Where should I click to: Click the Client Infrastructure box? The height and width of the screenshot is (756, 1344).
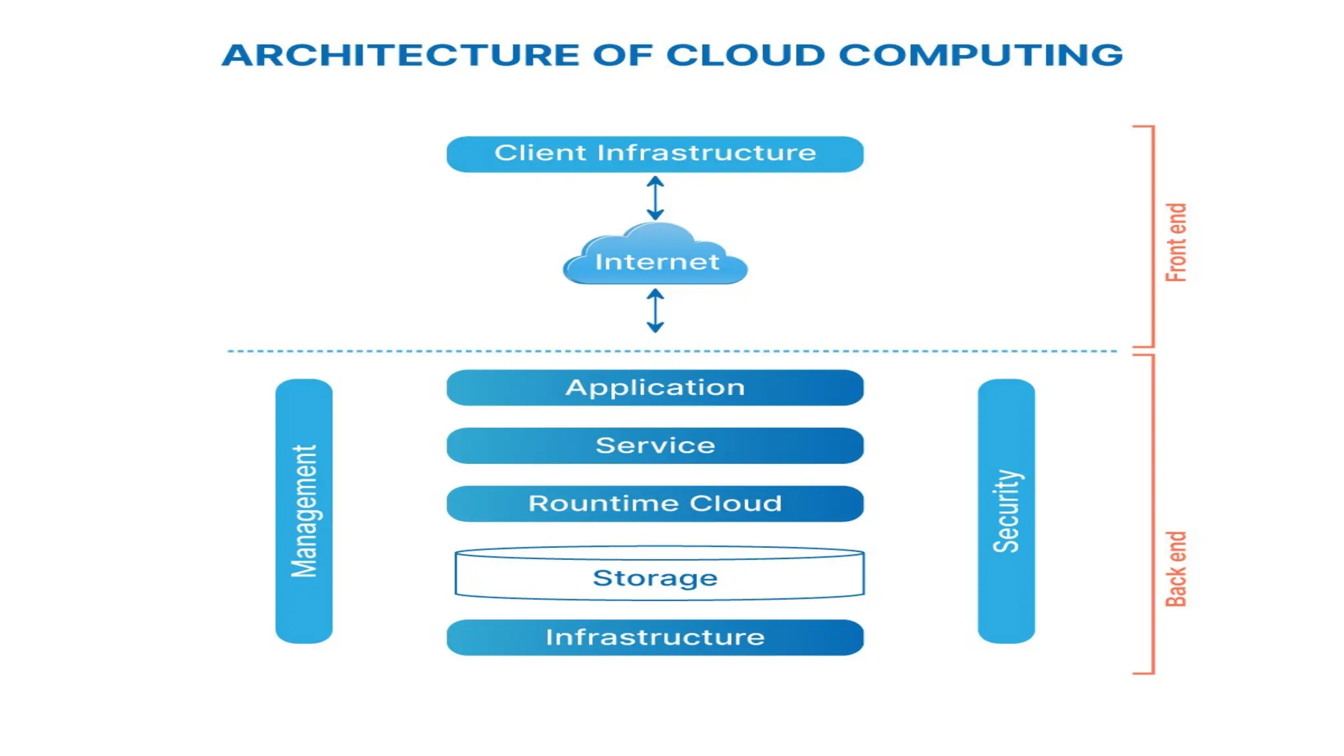[655, 154]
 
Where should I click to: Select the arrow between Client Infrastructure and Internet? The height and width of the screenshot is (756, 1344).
[655, 198]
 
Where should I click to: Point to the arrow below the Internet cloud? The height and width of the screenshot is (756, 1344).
[655, 310]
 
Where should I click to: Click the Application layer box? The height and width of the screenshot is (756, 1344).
[655, 387]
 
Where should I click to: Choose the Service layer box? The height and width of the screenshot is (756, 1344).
[655, 446]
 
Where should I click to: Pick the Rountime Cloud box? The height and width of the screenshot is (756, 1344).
[655, 503]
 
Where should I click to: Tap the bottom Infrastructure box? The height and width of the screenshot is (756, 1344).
[655, 637]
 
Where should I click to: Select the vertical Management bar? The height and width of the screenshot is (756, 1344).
[304, 511]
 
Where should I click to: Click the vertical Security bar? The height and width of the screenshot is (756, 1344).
[1006, 511]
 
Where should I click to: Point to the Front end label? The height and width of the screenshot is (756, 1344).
[1176, 242]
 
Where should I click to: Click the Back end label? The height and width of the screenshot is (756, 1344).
[1176, 568]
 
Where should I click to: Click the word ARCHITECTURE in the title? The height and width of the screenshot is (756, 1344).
[400, 55]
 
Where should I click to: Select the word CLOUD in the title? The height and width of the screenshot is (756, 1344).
[745, 55]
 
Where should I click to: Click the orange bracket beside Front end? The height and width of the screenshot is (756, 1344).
[1153, 236]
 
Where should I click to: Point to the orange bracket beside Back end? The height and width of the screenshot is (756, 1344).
[1153, 514]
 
